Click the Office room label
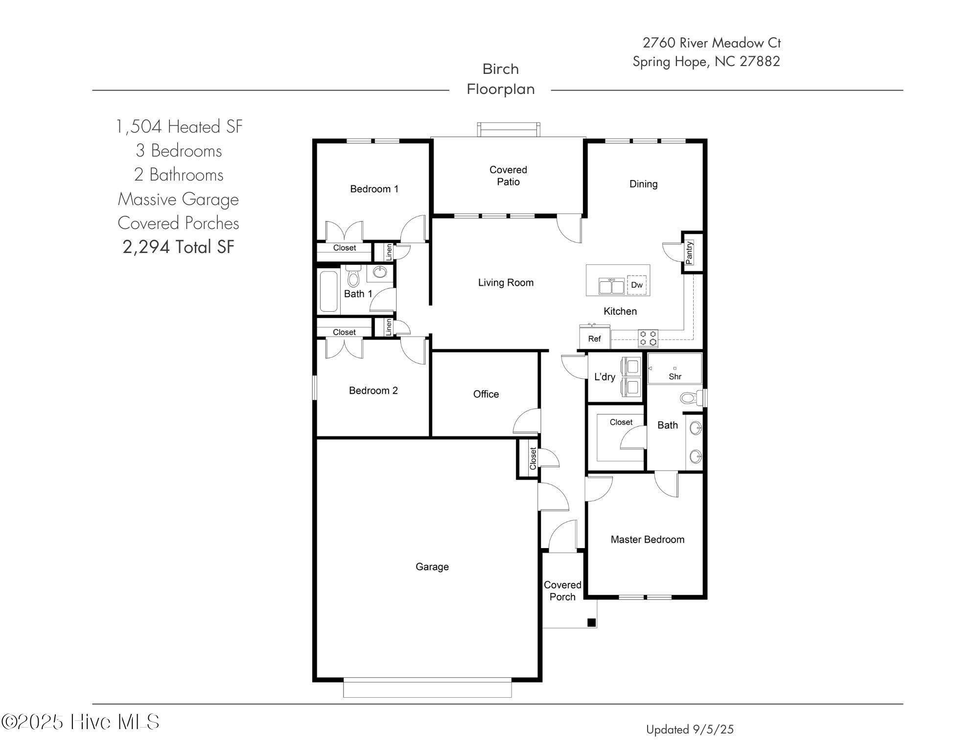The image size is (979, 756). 486,394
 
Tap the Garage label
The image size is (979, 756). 432,567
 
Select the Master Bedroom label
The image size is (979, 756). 648,539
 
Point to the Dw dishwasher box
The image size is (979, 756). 637,285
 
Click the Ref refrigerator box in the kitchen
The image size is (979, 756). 595,338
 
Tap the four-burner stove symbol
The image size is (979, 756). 648,338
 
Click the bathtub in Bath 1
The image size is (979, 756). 329,292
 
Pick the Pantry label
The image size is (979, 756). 689,252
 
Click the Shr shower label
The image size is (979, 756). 675,376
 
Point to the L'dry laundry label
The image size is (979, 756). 605,377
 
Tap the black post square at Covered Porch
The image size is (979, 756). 591,623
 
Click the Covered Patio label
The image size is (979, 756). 508,176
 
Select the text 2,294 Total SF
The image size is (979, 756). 179,247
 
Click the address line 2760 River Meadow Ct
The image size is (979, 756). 712,43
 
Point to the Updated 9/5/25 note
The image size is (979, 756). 690,729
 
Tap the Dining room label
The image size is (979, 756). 643,184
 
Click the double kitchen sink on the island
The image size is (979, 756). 612,286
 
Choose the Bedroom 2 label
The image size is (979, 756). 373,390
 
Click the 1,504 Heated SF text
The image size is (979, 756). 179,127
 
